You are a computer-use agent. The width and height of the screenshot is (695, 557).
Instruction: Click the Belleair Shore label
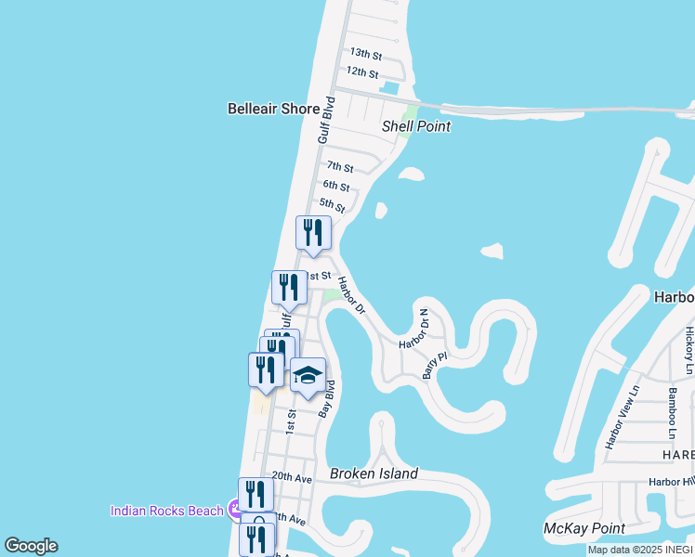pos(273,109)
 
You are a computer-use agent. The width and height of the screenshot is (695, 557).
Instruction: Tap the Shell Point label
pos(415,126)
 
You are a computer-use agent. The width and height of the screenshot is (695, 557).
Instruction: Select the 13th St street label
pos(364,53)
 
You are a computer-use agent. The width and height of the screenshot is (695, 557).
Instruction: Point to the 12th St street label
pos(361,72)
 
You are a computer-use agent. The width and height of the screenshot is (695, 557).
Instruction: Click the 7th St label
pos(339,168)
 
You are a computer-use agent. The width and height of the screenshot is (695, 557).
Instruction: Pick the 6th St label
pos(335,187)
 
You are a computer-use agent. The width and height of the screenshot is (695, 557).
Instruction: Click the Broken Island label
pos(374,473)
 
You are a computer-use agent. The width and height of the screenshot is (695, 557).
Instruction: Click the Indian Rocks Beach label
pos(167,511)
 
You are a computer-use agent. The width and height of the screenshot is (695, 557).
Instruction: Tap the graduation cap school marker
pos(308,376)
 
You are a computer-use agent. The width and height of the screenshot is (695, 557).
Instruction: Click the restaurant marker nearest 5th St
pos(313,233)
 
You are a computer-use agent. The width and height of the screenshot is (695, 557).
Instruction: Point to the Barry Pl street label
pos(435,364)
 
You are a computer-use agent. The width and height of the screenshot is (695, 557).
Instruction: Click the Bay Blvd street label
pos(326,397)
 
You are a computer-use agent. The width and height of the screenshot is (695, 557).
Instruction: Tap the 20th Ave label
pos(291,477)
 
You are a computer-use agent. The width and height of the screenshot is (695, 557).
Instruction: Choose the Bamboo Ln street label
pos(672,412)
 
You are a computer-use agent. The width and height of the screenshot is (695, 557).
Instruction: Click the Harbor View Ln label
pos(623,417)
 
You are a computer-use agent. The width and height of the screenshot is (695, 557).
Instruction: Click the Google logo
pos(31,546)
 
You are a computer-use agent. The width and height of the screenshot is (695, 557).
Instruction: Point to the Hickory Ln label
pos(688,344)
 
